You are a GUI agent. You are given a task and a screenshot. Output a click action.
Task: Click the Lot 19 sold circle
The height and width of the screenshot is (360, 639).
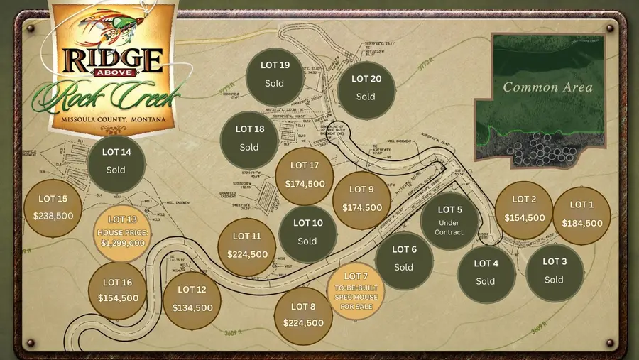[x=274, y=75]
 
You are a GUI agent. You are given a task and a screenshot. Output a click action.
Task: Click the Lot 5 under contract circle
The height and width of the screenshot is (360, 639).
[x=449, y=221]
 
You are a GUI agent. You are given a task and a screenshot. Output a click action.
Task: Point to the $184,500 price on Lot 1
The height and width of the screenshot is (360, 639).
[x=581, y=223]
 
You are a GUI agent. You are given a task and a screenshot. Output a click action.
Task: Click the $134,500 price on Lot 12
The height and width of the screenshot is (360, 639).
[x=192, y=307]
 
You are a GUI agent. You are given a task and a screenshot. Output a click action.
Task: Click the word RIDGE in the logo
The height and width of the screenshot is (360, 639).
[x=113, y=57]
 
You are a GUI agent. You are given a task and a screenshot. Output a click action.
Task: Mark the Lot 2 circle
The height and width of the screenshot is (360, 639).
[x=524, y=209]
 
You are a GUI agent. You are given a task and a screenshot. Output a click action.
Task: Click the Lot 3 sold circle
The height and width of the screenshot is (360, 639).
[x=555, y=271]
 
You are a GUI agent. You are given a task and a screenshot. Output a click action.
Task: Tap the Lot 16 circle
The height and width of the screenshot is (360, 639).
[x=117, y=291]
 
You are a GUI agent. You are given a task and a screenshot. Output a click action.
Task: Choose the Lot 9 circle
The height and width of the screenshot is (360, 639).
[x=362, y=200]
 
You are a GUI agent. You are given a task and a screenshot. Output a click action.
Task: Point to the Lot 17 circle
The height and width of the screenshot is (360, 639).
[x=305, y=175]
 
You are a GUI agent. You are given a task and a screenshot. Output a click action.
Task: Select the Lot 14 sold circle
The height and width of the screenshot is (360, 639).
[x=116, y=161]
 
